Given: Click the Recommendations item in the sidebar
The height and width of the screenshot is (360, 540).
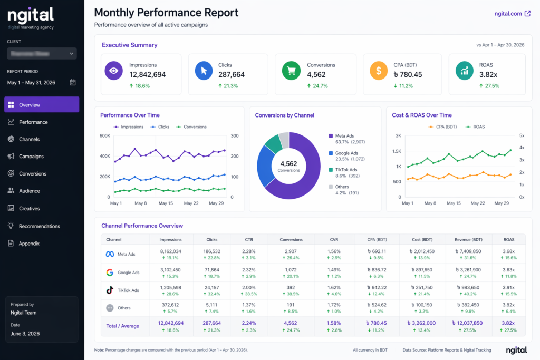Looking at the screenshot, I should [x=39, y=226].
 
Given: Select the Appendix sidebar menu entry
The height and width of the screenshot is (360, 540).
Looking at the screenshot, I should [x=29, y=244].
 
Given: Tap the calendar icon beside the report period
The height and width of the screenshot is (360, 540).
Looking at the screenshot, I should [x=73, y=82].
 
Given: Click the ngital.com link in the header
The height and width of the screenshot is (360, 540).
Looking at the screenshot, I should [x=512, y=14].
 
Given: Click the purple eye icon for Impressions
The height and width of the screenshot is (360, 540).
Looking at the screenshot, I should [x=113, y=70].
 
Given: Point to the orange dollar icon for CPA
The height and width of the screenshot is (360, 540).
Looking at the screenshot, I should [x=379, y=70].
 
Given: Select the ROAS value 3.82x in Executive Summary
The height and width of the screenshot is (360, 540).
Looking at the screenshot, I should [x=488, y=75].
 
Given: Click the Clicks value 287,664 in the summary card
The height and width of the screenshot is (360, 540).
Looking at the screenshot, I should [x=232, y=75].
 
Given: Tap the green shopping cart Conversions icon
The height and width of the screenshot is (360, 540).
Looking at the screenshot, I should [x=291, y=70].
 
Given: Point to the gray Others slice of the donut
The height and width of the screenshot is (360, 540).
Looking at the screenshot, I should [x=284, y=140].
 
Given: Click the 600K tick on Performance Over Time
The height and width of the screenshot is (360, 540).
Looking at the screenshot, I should [x=104, y=135].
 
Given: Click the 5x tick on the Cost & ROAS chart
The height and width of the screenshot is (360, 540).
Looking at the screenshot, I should [x=521, y=135].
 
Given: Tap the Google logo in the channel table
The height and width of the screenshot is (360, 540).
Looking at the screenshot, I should [x=110, y=273].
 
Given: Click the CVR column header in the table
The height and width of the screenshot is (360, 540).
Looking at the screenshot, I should [x=333, y=239].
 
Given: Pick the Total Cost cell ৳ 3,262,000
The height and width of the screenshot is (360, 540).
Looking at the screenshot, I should [x=421, y=323].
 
